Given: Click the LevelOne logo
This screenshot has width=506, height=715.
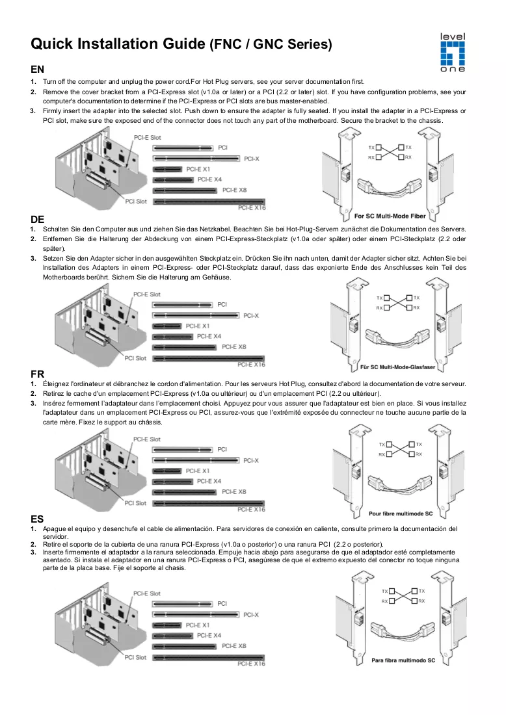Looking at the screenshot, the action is click(x=452, y=53).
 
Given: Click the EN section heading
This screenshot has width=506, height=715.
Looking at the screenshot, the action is click(x=38, y=70).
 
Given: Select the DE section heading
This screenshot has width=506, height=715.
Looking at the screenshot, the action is click(x=38, y=219).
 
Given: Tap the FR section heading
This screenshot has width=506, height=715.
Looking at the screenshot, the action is click(x=38, y=374).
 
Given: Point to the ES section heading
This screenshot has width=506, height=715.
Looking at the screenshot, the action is click(x=38, y=519).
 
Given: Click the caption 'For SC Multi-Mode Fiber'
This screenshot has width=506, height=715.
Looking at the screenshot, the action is click(x=390, y=216).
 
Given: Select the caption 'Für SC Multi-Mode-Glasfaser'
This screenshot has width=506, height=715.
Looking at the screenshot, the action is click(x=398, y=367).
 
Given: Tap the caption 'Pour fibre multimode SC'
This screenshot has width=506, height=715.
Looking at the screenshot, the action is click(x=401, y=513).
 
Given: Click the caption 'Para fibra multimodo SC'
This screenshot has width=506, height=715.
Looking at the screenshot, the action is click(x=403, y=660).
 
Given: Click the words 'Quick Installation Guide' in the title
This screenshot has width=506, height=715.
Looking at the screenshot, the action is click(x=118, y=44).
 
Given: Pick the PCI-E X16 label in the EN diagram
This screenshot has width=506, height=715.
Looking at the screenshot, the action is click(x=252, y=208).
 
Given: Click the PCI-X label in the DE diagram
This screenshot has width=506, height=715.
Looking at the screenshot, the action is click(x=251, y=315).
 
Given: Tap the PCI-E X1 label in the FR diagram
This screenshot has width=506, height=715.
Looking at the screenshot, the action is click(x=198, y=471).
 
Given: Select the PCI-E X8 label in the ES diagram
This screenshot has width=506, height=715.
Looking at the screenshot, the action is click(x=233, y=645).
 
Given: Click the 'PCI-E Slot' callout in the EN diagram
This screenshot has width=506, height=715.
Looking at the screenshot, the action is click(x=148, y=137).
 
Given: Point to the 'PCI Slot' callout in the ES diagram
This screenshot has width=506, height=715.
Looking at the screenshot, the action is click(x=135, y=657).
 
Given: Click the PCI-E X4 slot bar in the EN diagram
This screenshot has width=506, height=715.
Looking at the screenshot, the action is click(x=173, y=180).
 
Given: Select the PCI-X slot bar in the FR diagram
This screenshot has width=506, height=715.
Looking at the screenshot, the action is click(x=196, y=461).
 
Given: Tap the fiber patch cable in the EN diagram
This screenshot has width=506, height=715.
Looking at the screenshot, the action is click(x=390, y=187).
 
